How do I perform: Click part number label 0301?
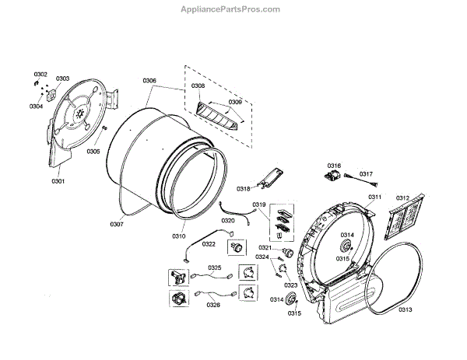(58, 180)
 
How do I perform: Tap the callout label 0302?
(40, 74)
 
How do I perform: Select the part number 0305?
(93, 151)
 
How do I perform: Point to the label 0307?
(117, 224)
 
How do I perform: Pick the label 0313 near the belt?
(427, 310)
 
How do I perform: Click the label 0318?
(244, 189)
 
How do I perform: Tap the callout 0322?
(209, 244)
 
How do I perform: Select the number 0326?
(212, 305)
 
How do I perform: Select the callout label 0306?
(149, 81)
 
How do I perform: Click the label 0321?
(265, 248)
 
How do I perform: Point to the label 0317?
(366, 174)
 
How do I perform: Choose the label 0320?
(228, 221)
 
